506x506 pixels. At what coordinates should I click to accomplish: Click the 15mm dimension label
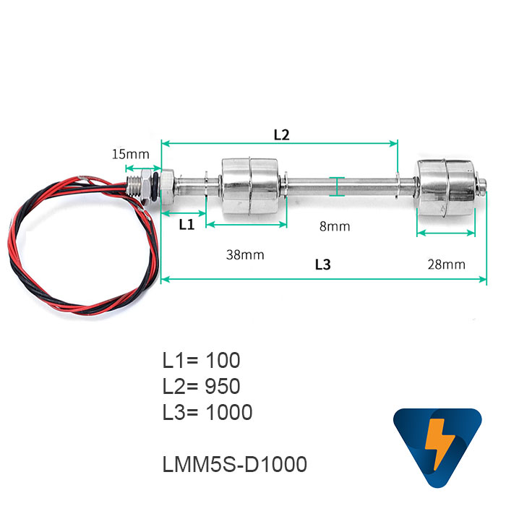[x=130, y=154]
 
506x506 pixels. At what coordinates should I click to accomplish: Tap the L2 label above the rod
[x=281, y=134]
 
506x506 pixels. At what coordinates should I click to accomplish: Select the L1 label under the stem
[x=186, y=224]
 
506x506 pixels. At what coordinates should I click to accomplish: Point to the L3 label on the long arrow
[x=323, y=265]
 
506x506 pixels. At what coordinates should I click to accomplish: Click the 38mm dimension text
[x=245, y=254]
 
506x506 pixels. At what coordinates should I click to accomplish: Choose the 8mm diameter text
[x=335, y=226]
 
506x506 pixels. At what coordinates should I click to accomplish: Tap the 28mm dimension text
[x=446, y=264]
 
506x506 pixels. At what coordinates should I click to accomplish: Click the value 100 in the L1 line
[x=223, y=360]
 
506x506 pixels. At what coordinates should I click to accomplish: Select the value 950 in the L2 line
[x=223, y=386]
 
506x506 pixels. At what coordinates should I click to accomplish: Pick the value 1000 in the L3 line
[x=228, y=413]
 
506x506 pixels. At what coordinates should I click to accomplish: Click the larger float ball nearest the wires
[x=247, y=186]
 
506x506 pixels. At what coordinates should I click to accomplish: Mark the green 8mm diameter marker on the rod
[x=338, y=186]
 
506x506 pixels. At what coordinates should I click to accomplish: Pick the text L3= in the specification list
[x=181, y=413]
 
